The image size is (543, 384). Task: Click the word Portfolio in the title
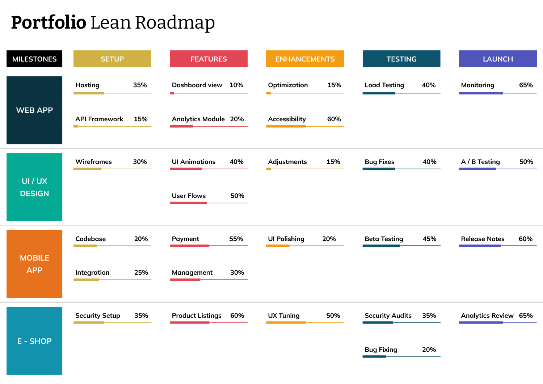pyautogui.click(x=49, y=22)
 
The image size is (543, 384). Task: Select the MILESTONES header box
pyautogui.click(x=34, y=59)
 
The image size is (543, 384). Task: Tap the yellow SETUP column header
pyautogui.click(x=112, y=59)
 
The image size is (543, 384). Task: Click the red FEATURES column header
pyautogui.click(x=209, y=59)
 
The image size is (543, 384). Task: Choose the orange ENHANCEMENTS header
pyautogui.click(x=305, y=59)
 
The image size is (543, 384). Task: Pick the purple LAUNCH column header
pyautogui.click(x=498, y=59)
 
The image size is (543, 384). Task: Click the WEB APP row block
pyautogui.click(x=34, y=110)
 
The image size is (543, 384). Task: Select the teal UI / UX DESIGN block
pyautogui.click(x=34, y=187)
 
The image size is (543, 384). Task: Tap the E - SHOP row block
pyautogui.click(x=34, y=341)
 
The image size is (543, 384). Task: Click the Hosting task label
pyautogui.click(x=87, y=85)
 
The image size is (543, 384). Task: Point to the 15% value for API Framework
pyautogui.click(x=140, y=119)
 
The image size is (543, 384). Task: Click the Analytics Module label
pyautogui.click(x=198, y=119)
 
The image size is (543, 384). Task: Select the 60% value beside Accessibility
pyautogui.click(x=334, y=119)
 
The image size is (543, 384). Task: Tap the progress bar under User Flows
pyautogui.click(x=209, y=203)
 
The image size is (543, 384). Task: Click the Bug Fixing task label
pyautogui.click(x=381, y=350)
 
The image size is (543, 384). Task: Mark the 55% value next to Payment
pyautogui.click(x=236, y=239)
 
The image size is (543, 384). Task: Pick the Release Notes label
pyautogui.click(x=483, y=239)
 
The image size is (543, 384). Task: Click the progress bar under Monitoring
pyautogui.click(x=497, y=93)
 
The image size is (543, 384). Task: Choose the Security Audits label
pyautogui.click(x=388, y=316)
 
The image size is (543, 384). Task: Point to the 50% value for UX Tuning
pyautogui.click(x=333, y=316)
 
